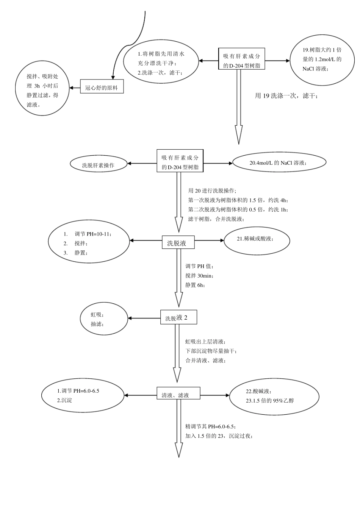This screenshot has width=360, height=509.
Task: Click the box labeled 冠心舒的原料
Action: coord(102,88)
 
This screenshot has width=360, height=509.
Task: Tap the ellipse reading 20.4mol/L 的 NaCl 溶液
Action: coord(279,163)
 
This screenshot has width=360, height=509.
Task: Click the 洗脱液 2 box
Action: coord(179,318)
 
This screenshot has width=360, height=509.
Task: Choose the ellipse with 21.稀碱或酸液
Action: coord(257,240)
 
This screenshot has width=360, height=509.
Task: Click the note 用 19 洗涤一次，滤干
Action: coord(286,96)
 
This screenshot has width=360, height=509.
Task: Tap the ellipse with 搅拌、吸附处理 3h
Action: coord(42,89)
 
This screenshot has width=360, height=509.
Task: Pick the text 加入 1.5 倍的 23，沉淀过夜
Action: coord(219,436)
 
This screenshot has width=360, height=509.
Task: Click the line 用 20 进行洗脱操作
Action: coord(212,190)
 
